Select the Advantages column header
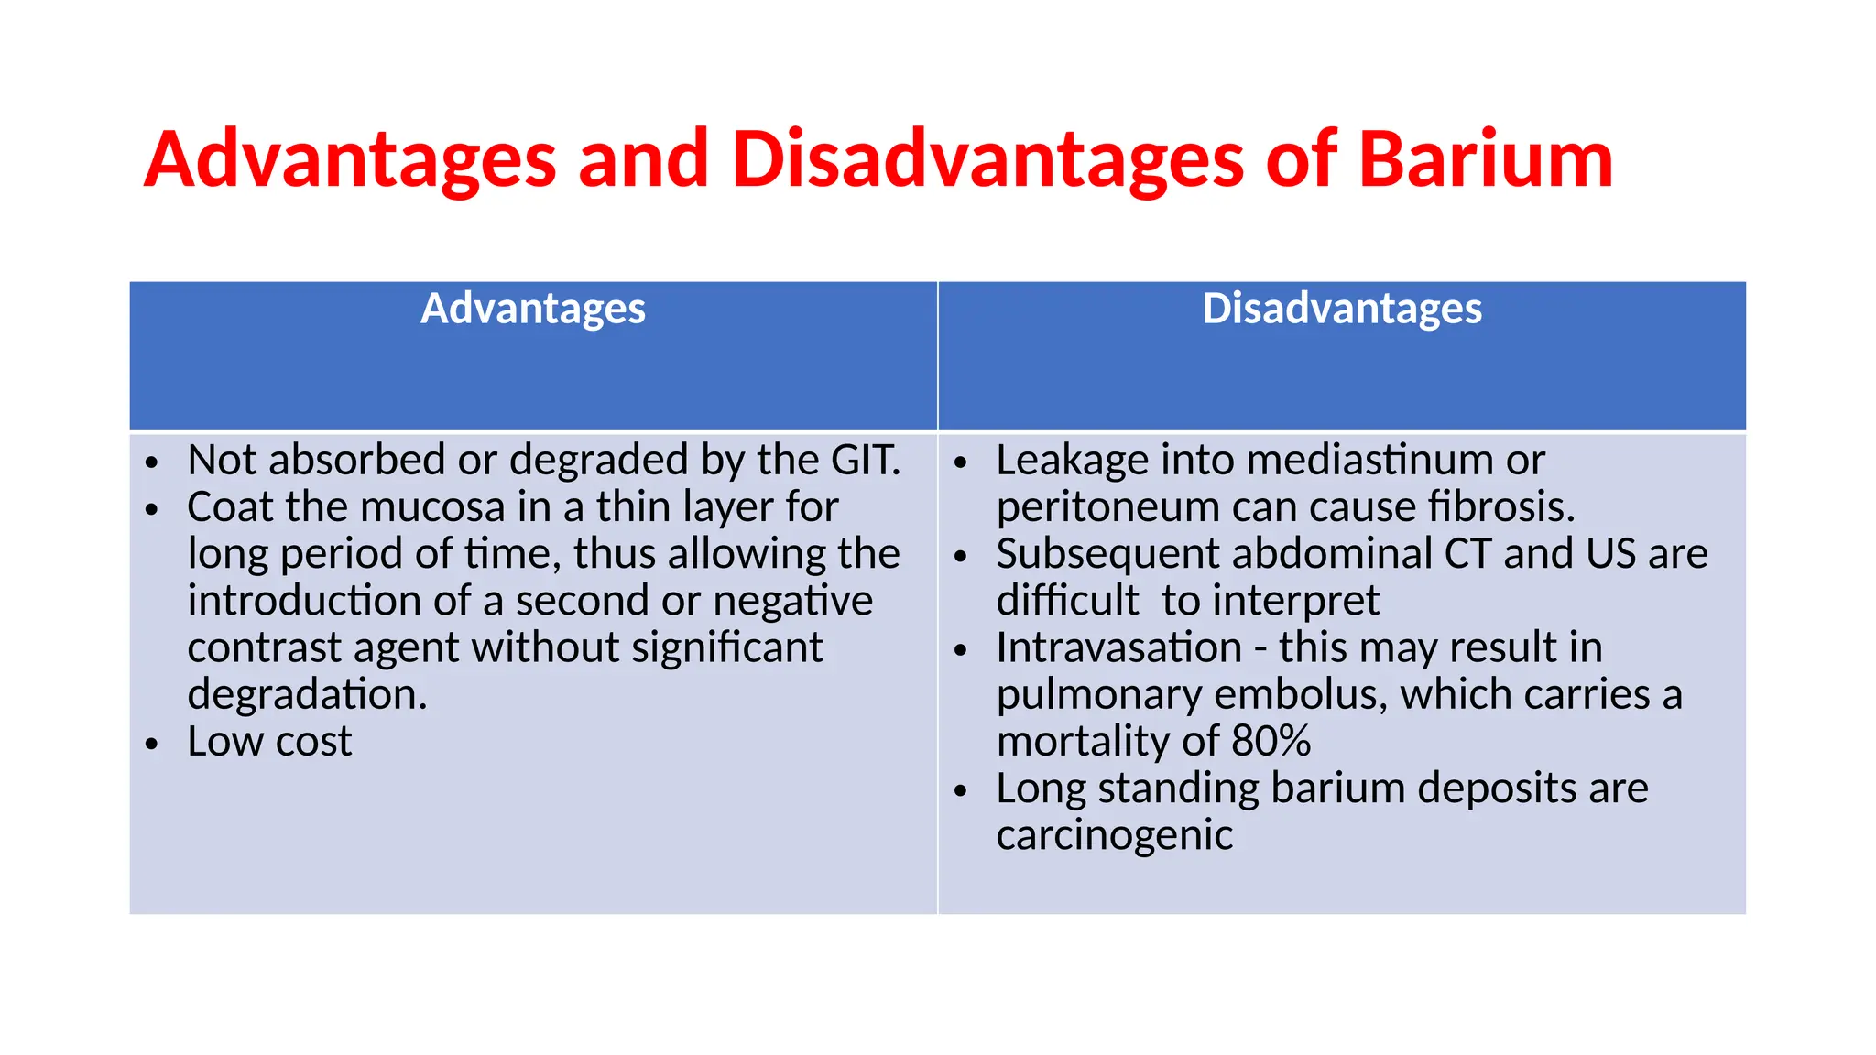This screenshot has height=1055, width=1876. pyautogui.click(x=533, y=309)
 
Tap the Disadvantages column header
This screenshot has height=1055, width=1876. pyautogui.click(x=1342, y=309)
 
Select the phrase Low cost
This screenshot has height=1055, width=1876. pyautogui.click(x=269, y=742)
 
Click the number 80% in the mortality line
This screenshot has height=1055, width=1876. pyautogui.click(x=1271, y=741)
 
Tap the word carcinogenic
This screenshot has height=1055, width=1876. pyautogui.click(x=1114, y=835)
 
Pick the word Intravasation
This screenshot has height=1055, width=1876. pyautogui.click(x=1118, y=647)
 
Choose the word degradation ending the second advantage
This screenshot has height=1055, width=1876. pyautogui.click(x=307, y=694)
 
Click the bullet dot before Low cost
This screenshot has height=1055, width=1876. pyautogui.click(x=152, y=744)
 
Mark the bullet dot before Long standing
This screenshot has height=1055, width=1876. pyautogui.click(x=960, y=790)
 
